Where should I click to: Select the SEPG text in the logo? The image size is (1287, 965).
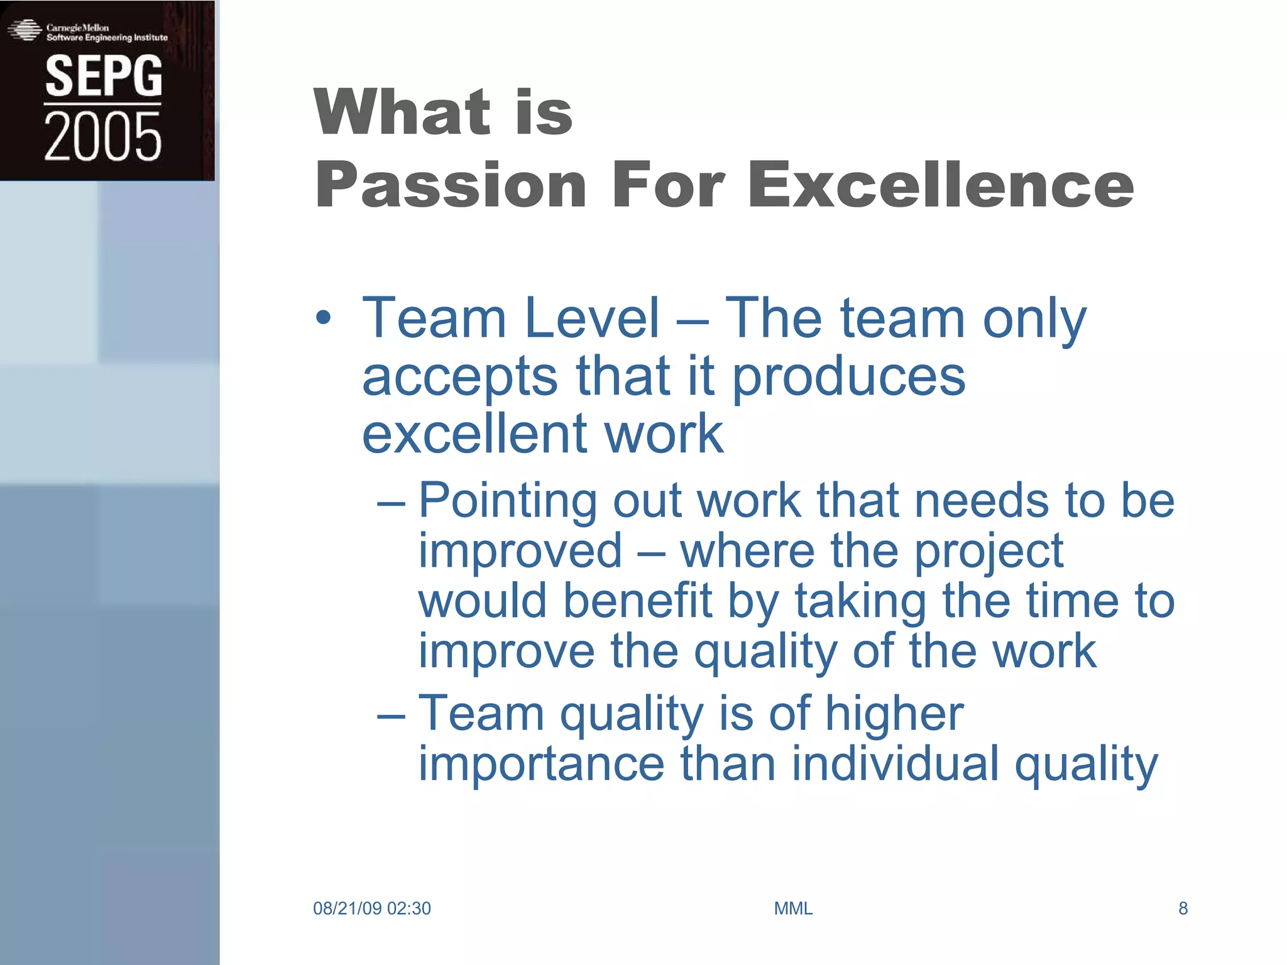pyautogui.click(x=104, y=76)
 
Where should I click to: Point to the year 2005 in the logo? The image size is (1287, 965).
pyautogui.click(x=103, y=136)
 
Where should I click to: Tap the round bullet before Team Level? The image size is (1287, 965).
pyautogui.click(x=323, y=318)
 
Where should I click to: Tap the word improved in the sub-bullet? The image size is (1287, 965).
pyautogui.click(x=520, y=550)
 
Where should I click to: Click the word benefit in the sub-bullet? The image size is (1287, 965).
pyautogui.click(x=637, y=600)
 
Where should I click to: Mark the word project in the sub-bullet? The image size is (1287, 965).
pyautogui.click(x=989, y=550)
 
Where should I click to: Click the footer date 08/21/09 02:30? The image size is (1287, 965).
pyautogui.click(x=372, y=908)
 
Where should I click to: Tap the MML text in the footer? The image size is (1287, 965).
pyautogui.click(x=793, y=908)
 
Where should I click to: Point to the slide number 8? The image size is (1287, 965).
pyautogui.click(x=1183, y=908)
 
